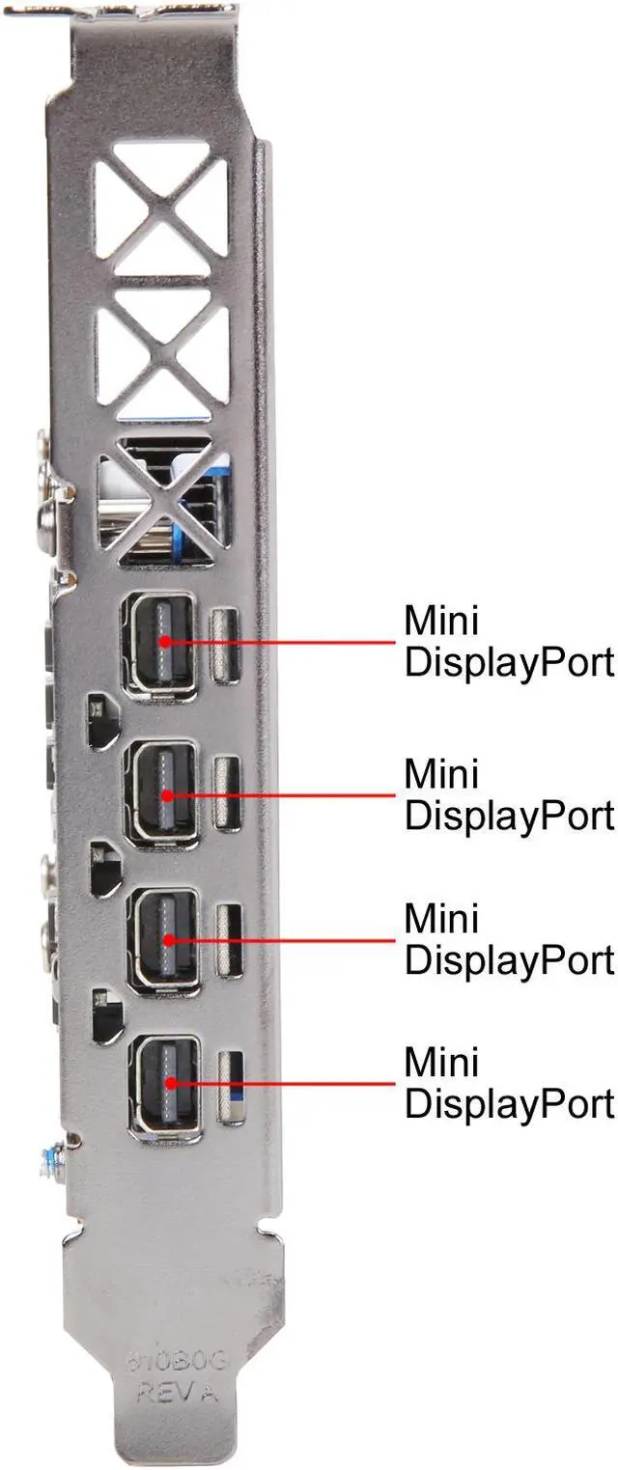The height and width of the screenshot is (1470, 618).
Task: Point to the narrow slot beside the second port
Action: [228, 793]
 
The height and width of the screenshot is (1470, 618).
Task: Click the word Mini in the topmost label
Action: [441, 621]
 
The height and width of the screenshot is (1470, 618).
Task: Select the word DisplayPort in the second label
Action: [509, 816]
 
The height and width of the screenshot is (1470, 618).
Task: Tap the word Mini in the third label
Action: [441, 918]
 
